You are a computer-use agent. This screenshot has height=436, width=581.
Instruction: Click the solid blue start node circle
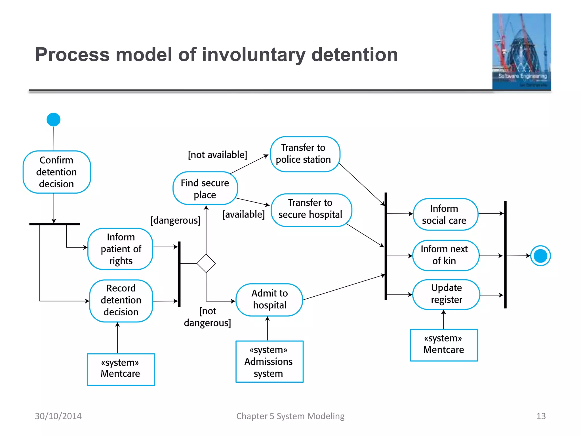click(53, 120)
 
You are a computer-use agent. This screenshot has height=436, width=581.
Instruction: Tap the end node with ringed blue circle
click(540, 256)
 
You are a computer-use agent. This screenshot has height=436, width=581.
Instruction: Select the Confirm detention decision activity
click(56, 172)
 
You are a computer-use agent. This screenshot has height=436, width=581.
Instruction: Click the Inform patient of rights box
click(121, 249)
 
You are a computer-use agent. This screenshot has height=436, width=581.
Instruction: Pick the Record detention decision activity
click(121, 300)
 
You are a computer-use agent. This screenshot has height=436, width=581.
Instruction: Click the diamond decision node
click(206, 263)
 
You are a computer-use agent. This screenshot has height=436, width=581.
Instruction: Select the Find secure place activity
click(205, 188)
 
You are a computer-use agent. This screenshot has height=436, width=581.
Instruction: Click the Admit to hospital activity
click(269, 299)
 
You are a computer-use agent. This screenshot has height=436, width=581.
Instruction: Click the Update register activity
click(446, 294)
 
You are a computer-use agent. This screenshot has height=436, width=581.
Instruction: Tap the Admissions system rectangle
click(269, 361)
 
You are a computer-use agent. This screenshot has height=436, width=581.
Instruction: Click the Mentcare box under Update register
click(444, 345)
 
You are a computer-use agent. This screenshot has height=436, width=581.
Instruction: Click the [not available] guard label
click(217, 155)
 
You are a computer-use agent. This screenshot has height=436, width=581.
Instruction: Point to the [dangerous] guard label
click(175, 220)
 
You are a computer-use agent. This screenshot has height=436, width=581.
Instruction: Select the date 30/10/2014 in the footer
click(58, 416)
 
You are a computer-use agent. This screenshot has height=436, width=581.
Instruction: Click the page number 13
click(541, 416)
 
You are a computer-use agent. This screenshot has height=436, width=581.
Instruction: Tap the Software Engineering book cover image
click(521, 52)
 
